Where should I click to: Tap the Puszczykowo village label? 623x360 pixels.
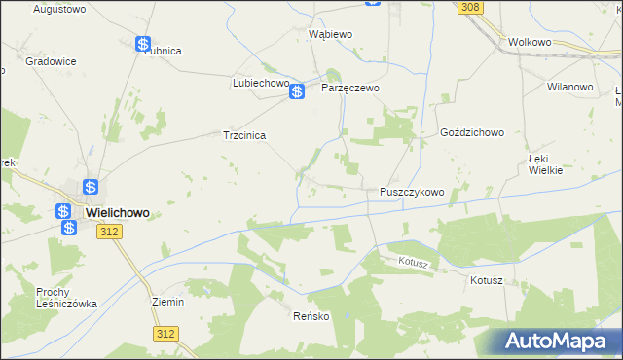pyautogui.click(x=412, y=192)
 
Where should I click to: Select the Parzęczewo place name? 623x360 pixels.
pyautogui.click(x=349, y=88)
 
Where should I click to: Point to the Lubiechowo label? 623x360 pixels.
pyautogui.click(x=261, y=83)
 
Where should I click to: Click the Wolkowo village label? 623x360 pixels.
pyautogui.click(x=530, y=43)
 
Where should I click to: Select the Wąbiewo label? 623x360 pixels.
pyautogui.click(x=329, y=33)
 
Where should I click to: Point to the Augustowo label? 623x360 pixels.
pyautogui.click(x=59, y=9)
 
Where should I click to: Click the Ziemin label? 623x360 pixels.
pyautogui.click(x=168, y=302)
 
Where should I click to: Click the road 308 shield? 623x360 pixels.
pyautogui.click(x=470, y=7)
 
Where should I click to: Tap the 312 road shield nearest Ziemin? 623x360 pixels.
pyautogui.click(x=165, y=333)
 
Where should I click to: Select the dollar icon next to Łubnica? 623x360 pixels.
pyautogui.click(x=143, y=44)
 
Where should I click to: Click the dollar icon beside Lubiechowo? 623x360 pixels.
pyautogui.click(x=298, y=91)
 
